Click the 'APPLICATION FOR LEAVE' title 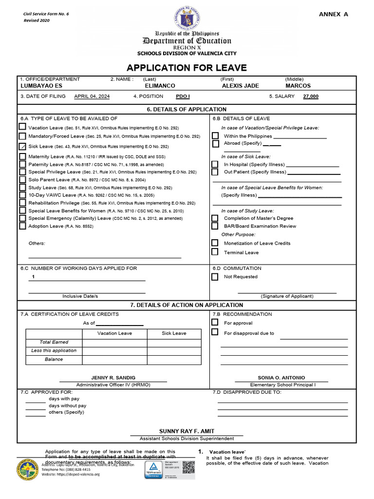pos(187,68)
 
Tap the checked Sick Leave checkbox pos(22,146)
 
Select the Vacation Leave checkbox pos(22,127)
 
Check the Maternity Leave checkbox pos(22,156)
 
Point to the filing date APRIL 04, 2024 pos(92,96)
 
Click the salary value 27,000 pos(311,96)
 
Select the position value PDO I pos(183,96)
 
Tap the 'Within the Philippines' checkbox pos(215,135)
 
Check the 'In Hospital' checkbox pos(215,164)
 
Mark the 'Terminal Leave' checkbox pos(215,252)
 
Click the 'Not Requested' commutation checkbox pos(215,277)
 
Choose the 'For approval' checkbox pos(215,323)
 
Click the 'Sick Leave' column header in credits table pos(174,333)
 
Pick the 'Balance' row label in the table pos(54,359)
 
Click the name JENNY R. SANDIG pos(113,378)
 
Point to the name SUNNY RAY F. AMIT pos(187,431)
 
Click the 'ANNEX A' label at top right pos(333,14)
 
